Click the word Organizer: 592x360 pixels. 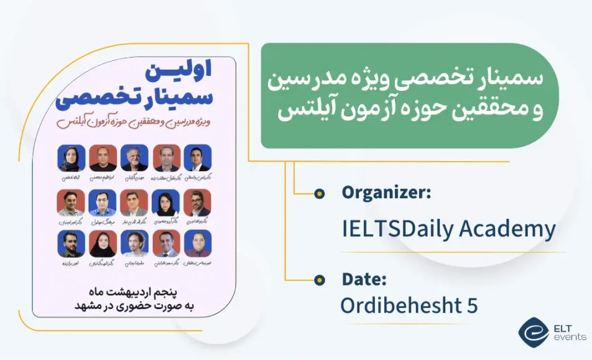click(386, 193)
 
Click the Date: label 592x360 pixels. click(364, 280)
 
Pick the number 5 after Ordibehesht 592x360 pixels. click(471, 306)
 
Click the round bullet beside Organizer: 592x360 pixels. click(320, 194)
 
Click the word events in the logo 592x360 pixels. click(569, 337)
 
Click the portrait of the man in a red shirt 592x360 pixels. click(198, 244)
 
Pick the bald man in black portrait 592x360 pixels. click(103, 159)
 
